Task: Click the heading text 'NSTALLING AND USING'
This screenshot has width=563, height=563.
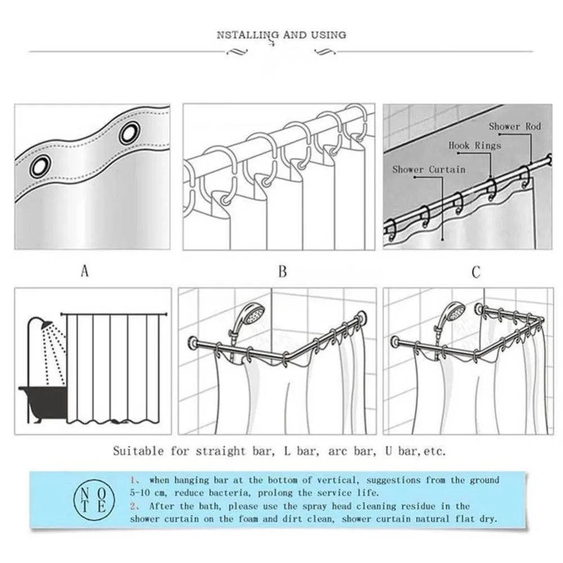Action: tap(281, 35)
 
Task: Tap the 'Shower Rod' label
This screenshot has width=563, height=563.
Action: tap(514, 127)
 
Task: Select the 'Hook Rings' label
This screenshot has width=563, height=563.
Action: tap(474, 146)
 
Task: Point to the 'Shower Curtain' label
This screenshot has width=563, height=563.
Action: tap(428, 169)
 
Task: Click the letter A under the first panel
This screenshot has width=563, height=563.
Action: tap(84, 272)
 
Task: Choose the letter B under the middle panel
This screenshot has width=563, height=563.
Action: tap(283, 272)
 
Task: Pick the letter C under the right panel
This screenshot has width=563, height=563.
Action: tap(476, 272)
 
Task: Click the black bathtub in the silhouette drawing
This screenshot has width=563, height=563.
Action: tap(42, 400)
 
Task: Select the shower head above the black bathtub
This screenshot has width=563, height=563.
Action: tap(45, 325)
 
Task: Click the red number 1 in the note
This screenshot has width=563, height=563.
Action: tap(134, 480)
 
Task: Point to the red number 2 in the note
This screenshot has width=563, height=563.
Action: tap(134, 506)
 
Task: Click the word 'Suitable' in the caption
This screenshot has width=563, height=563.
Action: tap(138, 451)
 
